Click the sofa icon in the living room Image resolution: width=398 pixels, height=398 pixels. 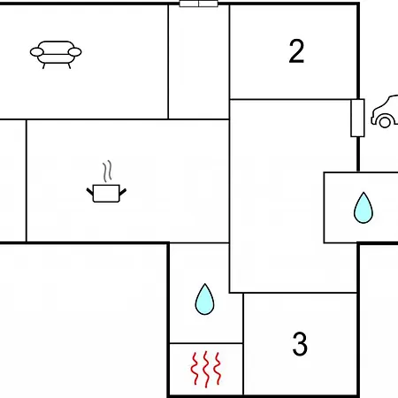click(x=56, y=55)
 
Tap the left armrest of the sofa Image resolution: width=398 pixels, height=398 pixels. click(x=37, y=52)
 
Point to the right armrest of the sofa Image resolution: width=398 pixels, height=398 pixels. click(x=74, y=52)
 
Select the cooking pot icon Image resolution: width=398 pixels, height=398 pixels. click(x=106, y=193)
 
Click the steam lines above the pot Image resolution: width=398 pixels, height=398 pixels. click(x=108, y=171)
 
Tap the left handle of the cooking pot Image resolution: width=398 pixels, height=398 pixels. click(x=90, y=192)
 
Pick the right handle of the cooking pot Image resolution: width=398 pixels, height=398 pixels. click(x=123, y=192)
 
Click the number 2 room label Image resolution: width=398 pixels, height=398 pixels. click(x=296, y=51)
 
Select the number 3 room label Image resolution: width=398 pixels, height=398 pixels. click(x=300, y=343)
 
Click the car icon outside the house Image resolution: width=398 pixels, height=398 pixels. click(x=385, y=111)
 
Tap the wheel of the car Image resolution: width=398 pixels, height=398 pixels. click(x=385, y=122)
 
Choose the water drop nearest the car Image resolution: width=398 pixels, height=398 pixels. click(x=364, y=208)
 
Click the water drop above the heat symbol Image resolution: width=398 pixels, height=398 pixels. click(x=204, y=299)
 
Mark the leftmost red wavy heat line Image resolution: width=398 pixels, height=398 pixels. click(x=195, y=369)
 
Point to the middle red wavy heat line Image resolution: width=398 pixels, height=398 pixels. click(x=206, y=369)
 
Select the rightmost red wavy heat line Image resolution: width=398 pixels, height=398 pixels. click(x=218, y=368)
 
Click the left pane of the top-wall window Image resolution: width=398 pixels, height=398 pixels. click(x=189, y=4)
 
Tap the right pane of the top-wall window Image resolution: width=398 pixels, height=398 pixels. click(x=208, y=4)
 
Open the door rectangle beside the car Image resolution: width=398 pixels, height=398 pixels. click(x=357, y=118)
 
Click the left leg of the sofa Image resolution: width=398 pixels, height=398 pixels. click(x=44, y=65)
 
